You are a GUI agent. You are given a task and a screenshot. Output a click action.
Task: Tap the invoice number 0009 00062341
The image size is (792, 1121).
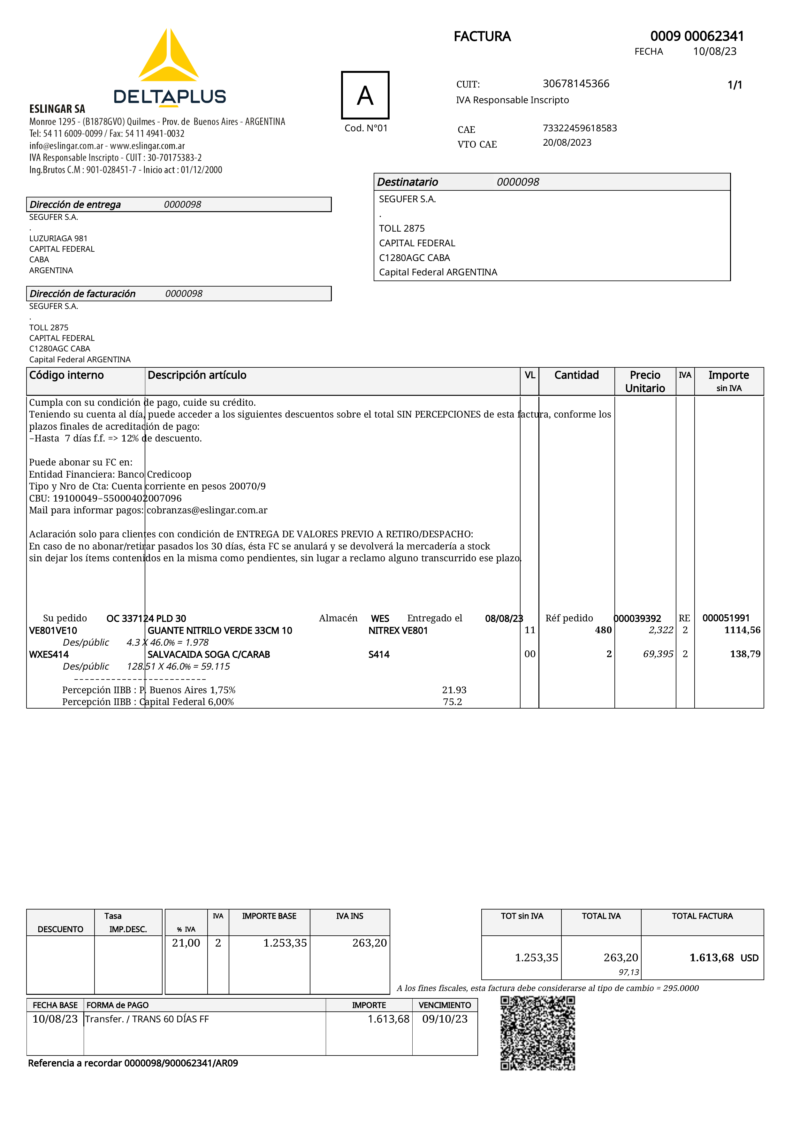coord(697,36)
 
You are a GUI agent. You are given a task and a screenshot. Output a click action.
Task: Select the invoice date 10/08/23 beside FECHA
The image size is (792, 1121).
coord(714,52)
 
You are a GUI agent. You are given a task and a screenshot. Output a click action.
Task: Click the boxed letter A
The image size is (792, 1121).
coord(365,95)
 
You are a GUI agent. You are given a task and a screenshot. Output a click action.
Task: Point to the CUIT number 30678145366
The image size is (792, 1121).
coord(576,84)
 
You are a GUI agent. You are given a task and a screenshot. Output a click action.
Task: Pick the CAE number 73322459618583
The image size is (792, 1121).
coord(580,128)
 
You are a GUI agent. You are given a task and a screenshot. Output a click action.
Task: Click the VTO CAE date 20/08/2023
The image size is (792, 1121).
coord(567,142)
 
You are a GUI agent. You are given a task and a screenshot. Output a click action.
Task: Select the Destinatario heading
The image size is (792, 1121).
coord(407,182)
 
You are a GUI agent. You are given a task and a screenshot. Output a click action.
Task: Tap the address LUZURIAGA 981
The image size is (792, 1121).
coord(58,238)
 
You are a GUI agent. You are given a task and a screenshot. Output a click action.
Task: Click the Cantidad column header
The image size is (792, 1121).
coord(576,375)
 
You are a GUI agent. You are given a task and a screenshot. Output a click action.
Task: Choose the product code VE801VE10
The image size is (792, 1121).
coord(53,630)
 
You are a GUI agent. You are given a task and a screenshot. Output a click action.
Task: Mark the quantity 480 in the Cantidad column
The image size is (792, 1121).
coord(603,630)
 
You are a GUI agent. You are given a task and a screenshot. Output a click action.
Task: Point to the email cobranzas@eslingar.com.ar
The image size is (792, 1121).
coord(207,510)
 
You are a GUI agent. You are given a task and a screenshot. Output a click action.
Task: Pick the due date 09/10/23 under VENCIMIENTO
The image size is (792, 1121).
coord(445,1019)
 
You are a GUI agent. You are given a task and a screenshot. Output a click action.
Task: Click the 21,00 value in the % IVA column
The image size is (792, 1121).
coord(186,943)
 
